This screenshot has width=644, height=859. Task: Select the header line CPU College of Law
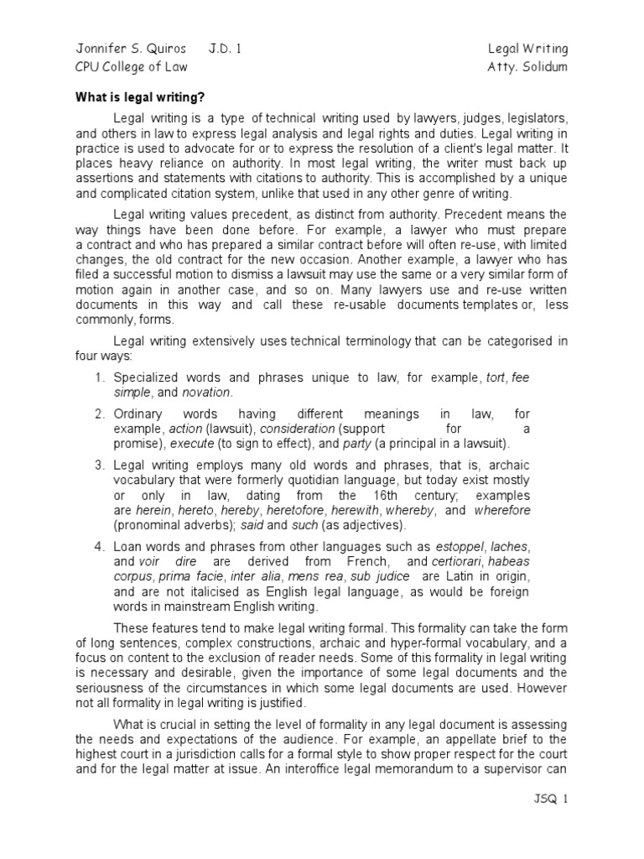[x=132, y=67]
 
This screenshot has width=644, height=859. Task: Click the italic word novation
[x=205, y=393]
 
